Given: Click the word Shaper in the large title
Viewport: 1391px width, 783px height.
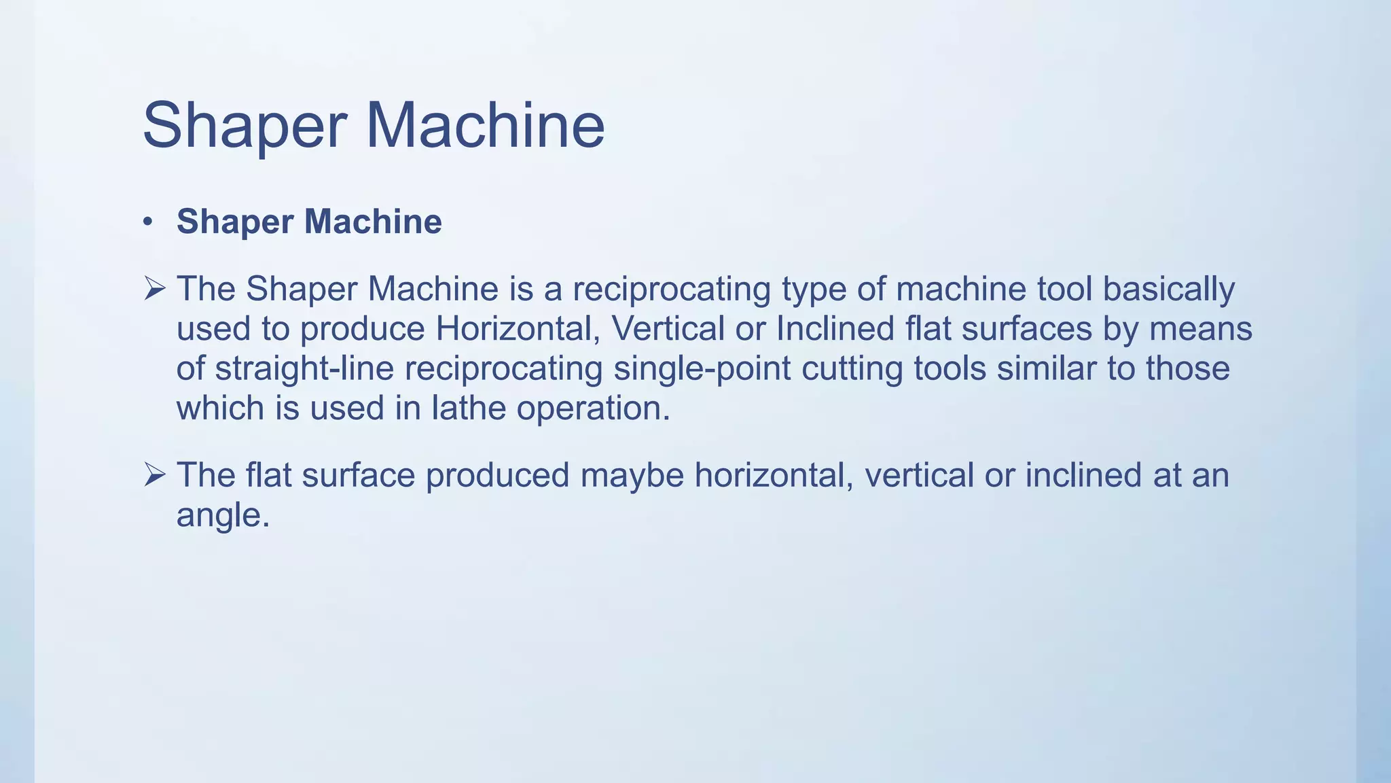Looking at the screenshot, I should click(x=245, y=126).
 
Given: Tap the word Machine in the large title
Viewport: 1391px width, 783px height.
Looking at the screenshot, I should click(x=485, y=125).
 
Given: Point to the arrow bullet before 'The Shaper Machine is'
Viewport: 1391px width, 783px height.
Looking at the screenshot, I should click(x=155, y=290).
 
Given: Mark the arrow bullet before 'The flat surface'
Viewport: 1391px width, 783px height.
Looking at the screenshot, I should click(x=155, y=475).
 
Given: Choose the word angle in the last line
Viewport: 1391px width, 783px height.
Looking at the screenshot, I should click(x=222, y=515).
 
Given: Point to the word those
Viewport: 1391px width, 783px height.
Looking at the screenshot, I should click(x=1188, y=368).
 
